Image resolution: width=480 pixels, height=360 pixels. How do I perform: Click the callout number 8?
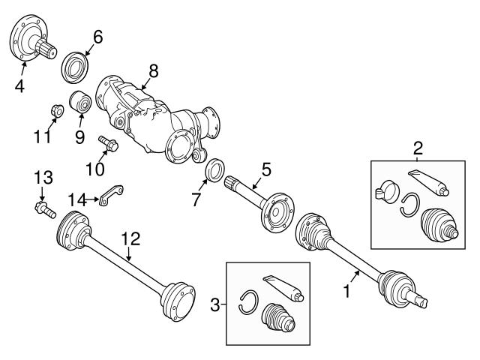click(x=154, y=71)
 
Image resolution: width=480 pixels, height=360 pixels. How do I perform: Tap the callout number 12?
click(x=130, y=238)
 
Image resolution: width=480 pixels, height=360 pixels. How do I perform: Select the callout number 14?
click(x=77, y=200)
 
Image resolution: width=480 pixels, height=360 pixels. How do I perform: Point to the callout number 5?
click(x=266, y=169)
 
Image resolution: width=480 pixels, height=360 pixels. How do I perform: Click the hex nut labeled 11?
click(x=57, y=110)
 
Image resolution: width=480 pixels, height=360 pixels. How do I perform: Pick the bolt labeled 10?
click(x=108, y=143)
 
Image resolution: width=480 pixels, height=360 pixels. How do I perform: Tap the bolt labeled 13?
click(x=45, y=209)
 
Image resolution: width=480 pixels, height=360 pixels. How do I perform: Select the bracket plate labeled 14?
click(x=111, y=195)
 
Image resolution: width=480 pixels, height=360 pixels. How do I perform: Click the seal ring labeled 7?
click(x=216, y=170)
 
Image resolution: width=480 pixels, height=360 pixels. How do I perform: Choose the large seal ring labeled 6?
click(x=75, y=67)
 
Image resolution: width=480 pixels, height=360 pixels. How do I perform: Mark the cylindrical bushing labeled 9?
click(x=80, y=102)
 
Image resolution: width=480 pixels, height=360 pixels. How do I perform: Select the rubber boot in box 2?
click(x=439, y=224)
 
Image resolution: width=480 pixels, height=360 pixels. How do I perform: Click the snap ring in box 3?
click(x=248, y=301)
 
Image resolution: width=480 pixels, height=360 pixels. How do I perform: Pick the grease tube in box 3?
click(x=283, y=289)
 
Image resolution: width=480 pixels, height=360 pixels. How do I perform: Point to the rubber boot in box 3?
click(x=278, y=317)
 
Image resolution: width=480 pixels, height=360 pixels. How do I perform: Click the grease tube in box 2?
click(x=428, y=183)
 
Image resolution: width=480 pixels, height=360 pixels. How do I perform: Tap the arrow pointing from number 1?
click(x=355, y=277)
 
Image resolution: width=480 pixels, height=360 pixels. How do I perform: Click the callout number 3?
click(x=215, y=304)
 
